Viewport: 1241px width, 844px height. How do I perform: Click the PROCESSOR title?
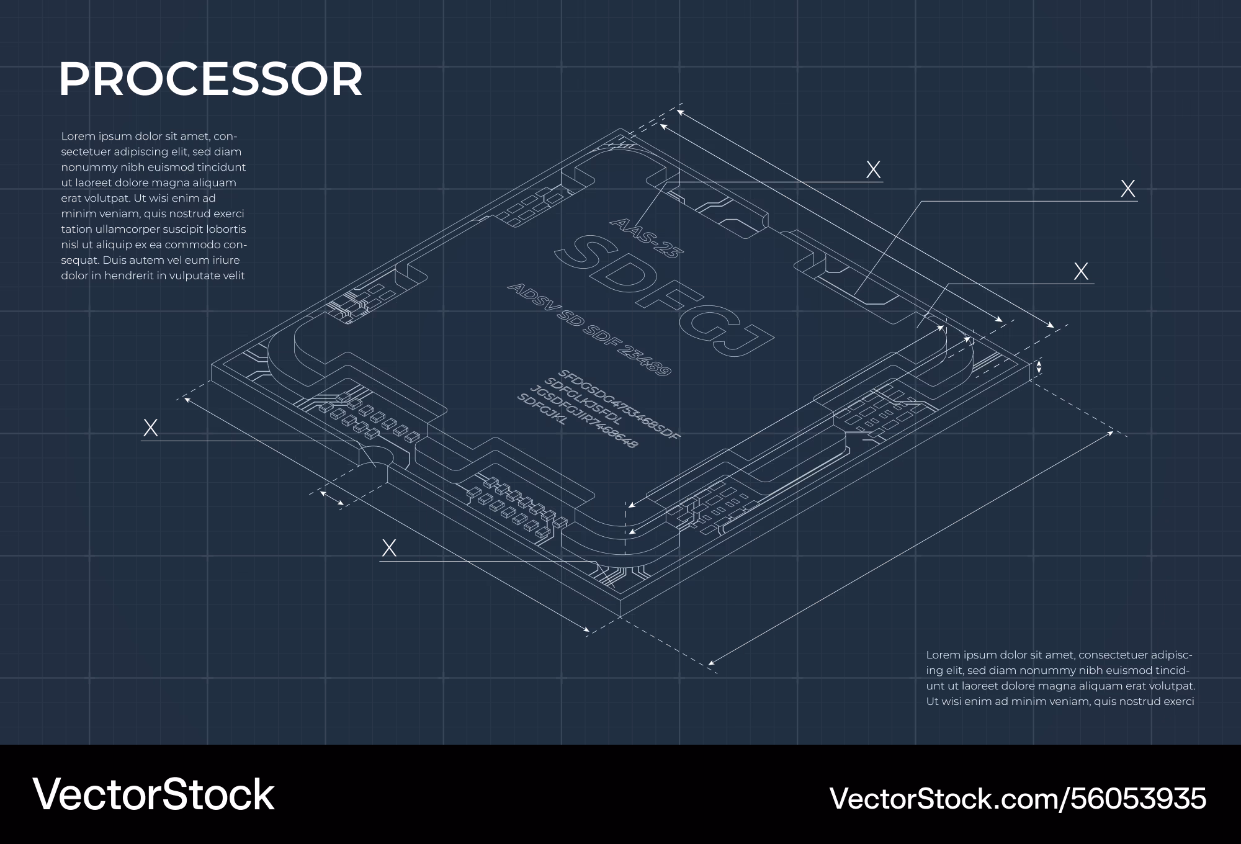click(210, 79)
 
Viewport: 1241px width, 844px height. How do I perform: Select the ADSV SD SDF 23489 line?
click(589, 329)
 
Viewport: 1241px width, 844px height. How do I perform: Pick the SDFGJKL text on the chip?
click(542, 410)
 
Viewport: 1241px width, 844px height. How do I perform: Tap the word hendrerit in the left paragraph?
click(130, 276)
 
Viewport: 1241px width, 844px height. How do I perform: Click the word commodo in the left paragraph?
click(190, 245)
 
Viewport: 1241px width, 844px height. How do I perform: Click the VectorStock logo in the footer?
click(153, 794)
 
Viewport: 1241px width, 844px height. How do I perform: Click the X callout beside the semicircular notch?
click(150, 428)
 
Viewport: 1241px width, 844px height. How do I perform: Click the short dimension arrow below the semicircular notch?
click(332, 498)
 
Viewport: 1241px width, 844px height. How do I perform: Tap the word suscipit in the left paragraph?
click(186, 230)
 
